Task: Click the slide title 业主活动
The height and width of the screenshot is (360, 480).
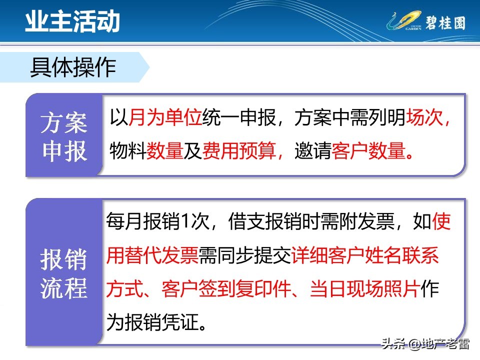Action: (x=73, y=22)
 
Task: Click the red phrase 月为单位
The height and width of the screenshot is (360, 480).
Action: (x=165, y=119)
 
